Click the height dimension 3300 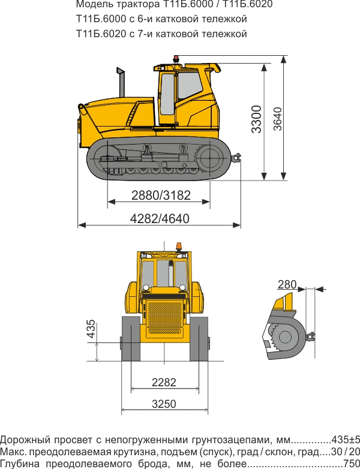[x=257, y=119]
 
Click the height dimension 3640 [x=277, y=119]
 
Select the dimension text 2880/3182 [x=161, y=195]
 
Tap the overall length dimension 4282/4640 [x=160, y=219]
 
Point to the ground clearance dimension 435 [x=91, y=330]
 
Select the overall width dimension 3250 [x=164, y=404]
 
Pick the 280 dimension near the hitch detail [x=287, y=283]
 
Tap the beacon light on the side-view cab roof [x=176, y=59]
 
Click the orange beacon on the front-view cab [x=178, y=246]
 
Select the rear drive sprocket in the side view [x=210, y=159]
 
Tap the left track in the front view [x=131, y=339]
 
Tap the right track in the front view [x=199, y=339]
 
